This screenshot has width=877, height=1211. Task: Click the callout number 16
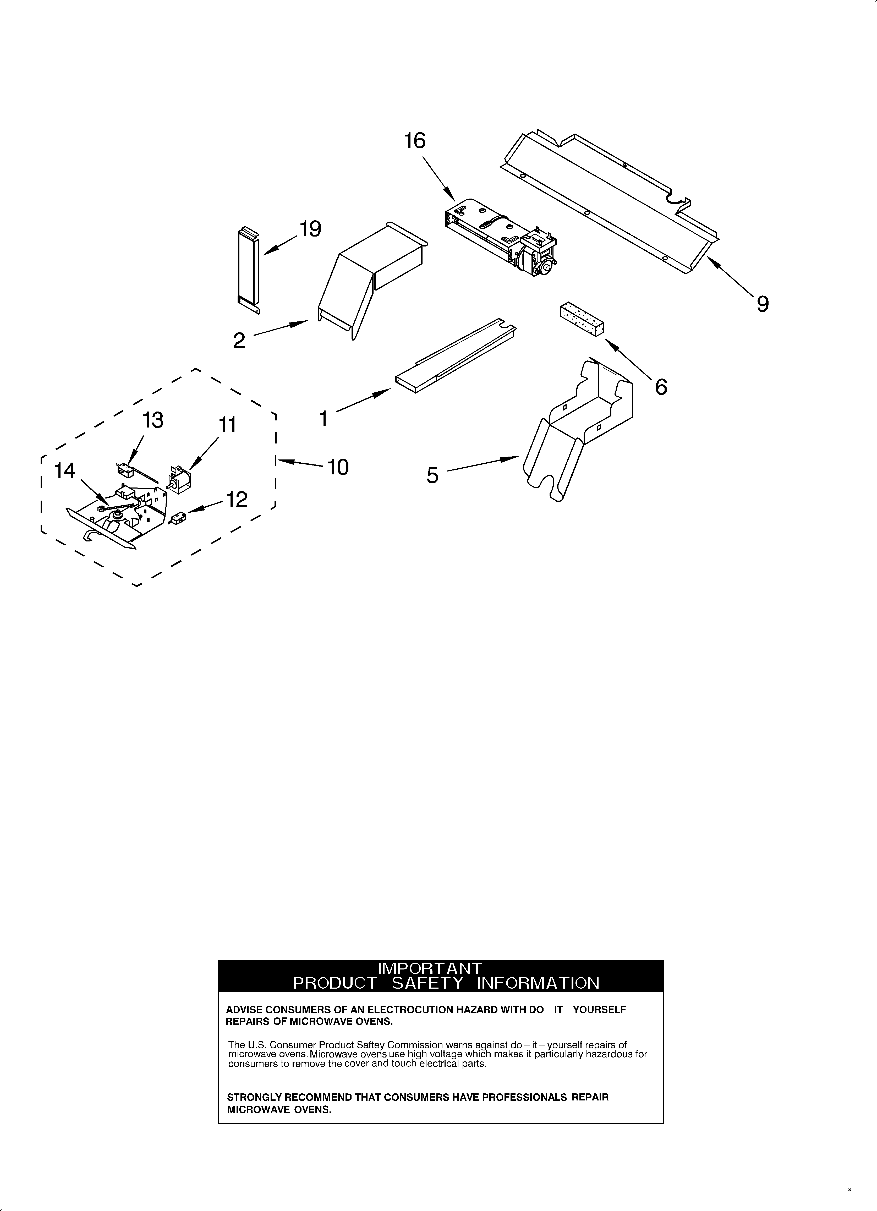pyautogui.click(x=414, y=141)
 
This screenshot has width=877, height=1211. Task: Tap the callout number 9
pyautogui.click(x=762, y=304)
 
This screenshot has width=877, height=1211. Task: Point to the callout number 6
pyautogui.click(x=661, y=387)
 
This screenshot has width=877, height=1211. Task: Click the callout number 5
pyautogui.click(x=432, y=475)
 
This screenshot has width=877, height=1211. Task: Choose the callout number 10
pyautogui.click(x=338, y=467)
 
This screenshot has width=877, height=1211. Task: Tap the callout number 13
pyautogui.click(x=153, y=421)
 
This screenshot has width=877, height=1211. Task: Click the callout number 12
pyautogui.click(x=237, y=500)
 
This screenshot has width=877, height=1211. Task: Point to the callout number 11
pyautogui.click(x=228, y=425)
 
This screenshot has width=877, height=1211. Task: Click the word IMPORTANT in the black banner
pyautogui.click(x=430, y=968)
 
